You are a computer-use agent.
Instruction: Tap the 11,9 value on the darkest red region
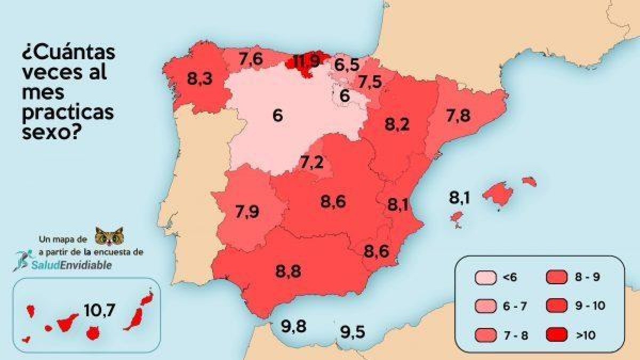(307, 61)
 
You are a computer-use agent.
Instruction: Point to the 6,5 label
(347, 65)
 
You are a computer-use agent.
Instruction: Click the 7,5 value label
(370, 82)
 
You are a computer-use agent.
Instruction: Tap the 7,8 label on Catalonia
(458, 115)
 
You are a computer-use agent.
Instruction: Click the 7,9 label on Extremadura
(247, 212)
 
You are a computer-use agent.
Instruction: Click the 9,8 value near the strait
(294, 326)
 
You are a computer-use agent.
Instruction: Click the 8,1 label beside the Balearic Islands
(459, 198)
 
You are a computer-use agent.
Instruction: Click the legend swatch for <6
(483, 277)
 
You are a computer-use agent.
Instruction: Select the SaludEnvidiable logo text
(73, 265)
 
